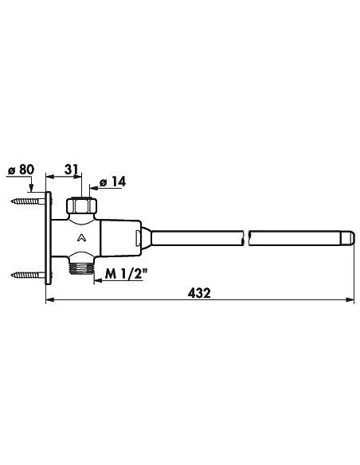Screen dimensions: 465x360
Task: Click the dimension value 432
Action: [199, 292]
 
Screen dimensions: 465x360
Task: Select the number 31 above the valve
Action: [70, 170]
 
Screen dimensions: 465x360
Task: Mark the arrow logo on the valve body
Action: [81, 238]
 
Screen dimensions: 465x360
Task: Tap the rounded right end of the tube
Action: [349, 238]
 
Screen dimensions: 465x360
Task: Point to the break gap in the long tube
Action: [247, 238]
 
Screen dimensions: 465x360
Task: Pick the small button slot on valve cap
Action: [143, 238]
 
